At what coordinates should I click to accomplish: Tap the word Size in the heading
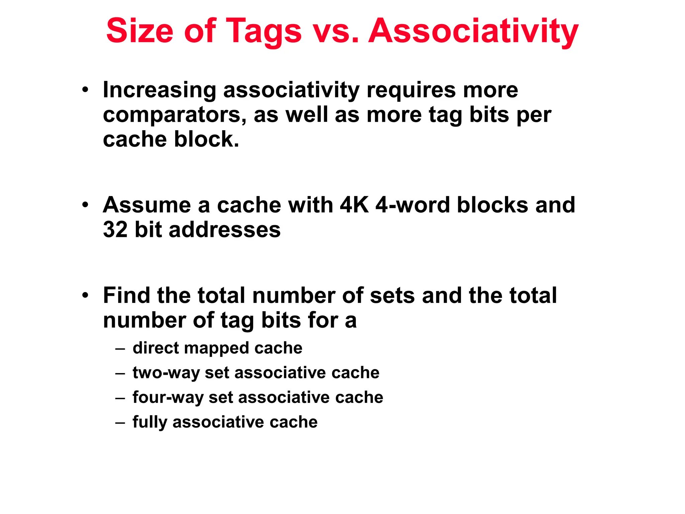[140, 31]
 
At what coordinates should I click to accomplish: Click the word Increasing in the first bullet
[160, 90]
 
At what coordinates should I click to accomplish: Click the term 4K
[354, 205]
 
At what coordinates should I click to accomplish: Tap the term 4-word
[412, 205]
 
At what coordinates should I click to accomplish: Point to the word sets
[392, 295]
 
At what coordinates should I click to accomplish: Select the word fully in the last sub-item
[150, 422]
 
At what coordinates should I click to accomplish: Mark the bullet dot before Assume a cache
[86, 205]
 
